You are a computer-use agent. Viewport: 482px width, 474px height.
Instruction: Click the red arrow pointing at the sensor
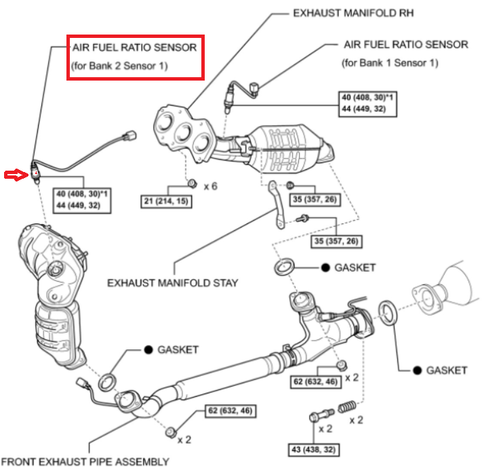click(x=14, y=176)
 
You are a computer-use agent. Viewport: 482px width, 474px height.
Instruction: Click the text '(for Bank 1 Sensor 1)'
click(x=390, y=62)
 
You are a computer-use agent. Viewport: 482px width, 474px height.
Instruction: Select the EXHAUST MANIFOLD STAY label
click(x=173, y=282)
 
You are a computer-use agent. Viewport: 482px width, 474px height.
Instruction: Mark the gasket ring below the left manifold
click(x=108, y=382)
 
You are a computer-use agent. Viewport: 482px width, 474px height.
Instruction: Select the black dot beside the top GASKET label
click(x=325, y=267)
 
